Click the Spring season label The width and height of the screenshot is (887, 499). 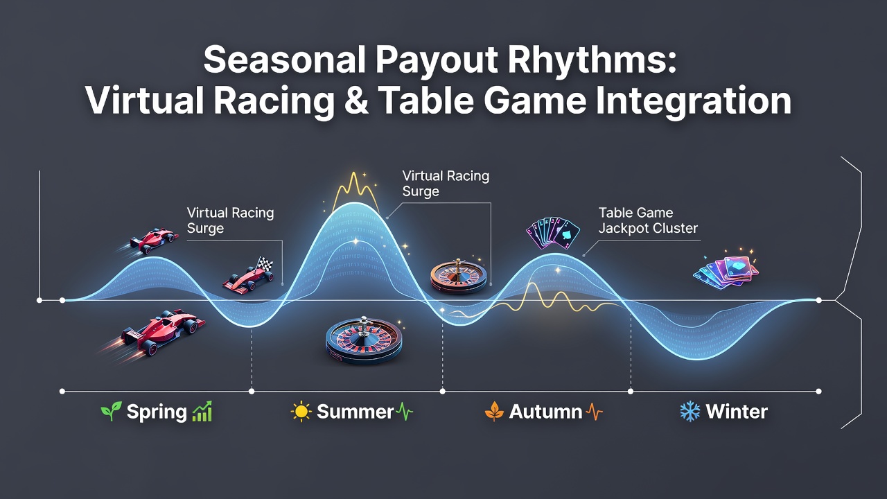point(157,412)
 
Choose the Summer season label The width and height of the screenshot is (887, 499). point(355,412)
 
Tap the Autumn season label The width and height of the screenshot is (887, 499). point(545,412)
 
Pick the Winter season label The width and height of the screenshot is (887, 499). point(737,412)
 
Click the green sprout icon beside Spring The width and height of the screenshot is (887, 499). point(112,411)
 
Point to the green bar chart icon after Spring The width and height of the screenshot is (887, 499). point(202,411)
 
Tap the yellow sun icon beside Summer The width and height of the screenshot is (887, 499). point(301,412)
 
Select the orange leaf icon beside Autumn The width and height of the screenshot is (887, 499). point(494,412)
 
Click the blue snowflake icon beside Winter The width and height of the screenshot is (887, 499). point(690,412)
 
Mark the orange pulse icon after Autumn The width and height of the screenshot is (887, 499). point(594,412)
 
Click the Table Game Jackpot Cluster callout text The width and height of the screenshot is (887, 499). point(648,220)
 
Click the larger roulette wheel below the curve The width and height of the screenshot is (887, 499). point(364,340)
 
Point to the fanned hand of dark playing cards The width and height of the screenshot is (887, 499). point(553,233)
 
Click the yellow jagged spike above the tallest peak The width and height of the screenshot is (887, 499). point(354,192)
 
